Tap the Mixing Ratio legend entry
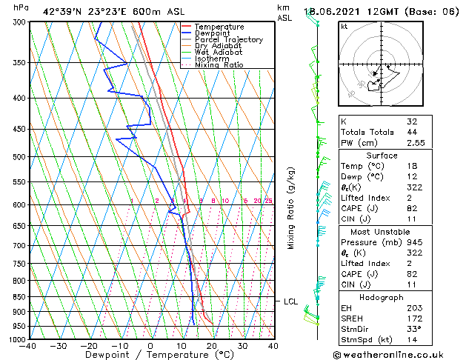[219, 65]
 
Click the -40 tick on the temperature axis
[29, 346]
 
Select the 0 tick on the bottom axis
[150, 346]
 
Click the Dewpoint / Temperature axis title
[150, 355]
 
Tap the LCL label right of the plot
[291, 301]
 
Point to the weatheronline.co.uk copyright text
[398, 355]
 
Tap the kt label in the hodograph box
[344, 26]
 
